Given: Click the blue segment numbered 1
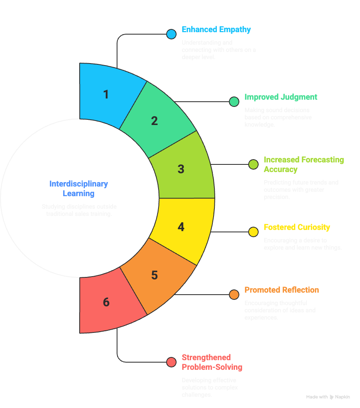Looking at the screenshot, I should (106, 95).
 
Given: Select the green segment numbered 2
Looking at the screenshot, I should (155, 121).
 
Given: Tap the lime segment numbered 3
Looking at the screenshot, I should (181, 169).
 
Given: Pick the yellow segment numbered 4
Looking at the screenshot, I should (181, 227).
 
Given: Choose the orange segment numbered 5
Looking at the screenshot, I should (155, 275).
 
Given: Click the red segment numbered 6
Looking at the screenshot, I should (106, 302).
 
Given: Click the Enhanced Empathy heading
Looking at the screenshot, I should (216, 29).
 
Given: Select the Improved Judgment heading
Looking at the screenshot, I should (281, 97).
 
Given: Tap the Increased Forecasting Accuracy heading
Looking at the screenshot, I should (304, 164).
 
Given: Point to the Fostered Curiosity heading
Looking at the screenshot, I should (297, 227).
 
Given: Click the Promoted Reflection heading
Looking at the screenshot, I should (282, 290).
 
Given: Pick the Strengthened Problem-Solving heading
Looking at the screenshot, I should (212, 362).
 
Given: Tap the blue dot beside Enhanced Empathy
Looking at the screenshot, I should (171, 34).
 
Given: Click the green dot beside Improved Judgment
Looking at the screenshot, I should (234, 102).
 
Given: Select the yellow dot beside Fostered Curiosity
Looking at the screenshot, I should (253, 232).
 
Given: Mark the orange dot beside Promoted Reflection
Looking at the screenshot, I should (234, 295).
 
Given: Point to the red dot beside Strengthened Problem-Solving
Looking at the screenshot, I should (171, 362).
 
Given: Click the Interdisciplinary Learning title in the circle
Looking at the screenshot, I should (79, 189).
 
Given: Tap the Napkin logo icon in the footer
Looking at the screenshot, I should (332, 397).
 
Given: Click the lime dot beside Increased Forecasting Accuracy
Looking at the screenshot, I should (253, 164).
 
